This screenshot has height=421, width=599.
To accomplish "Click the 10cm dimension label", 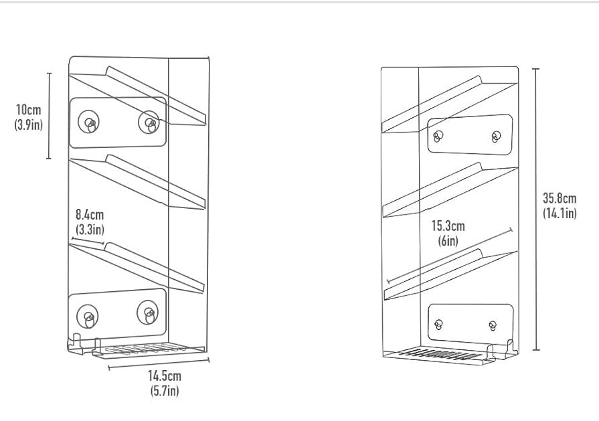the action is tap(28, 110).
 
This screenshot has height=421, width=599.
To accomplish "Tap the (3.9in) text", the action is tap(28, 124).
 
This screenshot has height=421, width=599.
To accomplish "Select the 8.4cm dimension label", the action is tap(90, 214).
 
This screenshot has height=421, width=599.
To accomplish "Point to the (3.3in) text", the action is tap(90, 229).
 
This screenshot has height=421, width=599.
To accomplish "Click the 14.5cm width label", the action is tap(165, 376).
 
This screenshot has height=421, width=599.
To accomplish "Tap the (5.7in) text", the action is tap(165, 391).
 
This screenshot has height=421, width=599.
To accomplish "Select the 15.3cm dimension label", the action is tap(448, 226).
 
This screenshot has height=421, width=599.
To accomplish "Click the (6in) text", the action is tap(448, 241).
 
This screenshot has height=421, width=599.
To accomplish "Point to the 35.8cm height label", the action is tap(560, 198).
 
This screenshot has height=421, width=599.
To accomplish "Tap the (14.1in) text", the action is tap(560, 213).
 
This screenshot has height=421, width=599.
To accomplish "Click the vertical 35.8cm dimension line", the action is tap(536, 209).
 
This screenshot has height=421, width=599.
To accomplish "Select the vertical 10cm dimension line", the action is tap(49, 116).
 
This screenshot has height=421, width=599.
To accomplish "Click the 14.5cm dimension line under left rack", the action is tap(159, 363).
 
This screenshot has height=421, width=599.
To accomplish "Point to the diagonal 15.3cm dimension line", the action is tap(450, 256).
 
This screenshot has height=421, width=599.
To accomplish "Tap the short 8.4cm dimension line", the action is tap(88, 241).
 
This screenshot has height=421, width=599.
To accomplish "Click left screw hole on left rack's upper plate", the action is tap(89, 122).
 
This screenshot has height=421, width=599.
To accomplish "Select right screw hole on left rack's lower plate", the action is tap(148, 313).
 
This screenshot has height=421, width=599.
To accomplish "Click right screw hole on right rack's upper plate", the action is tap(496, 137).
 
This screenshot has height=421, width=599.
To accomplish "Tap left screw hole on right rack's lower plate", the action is tap(439, 325).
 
